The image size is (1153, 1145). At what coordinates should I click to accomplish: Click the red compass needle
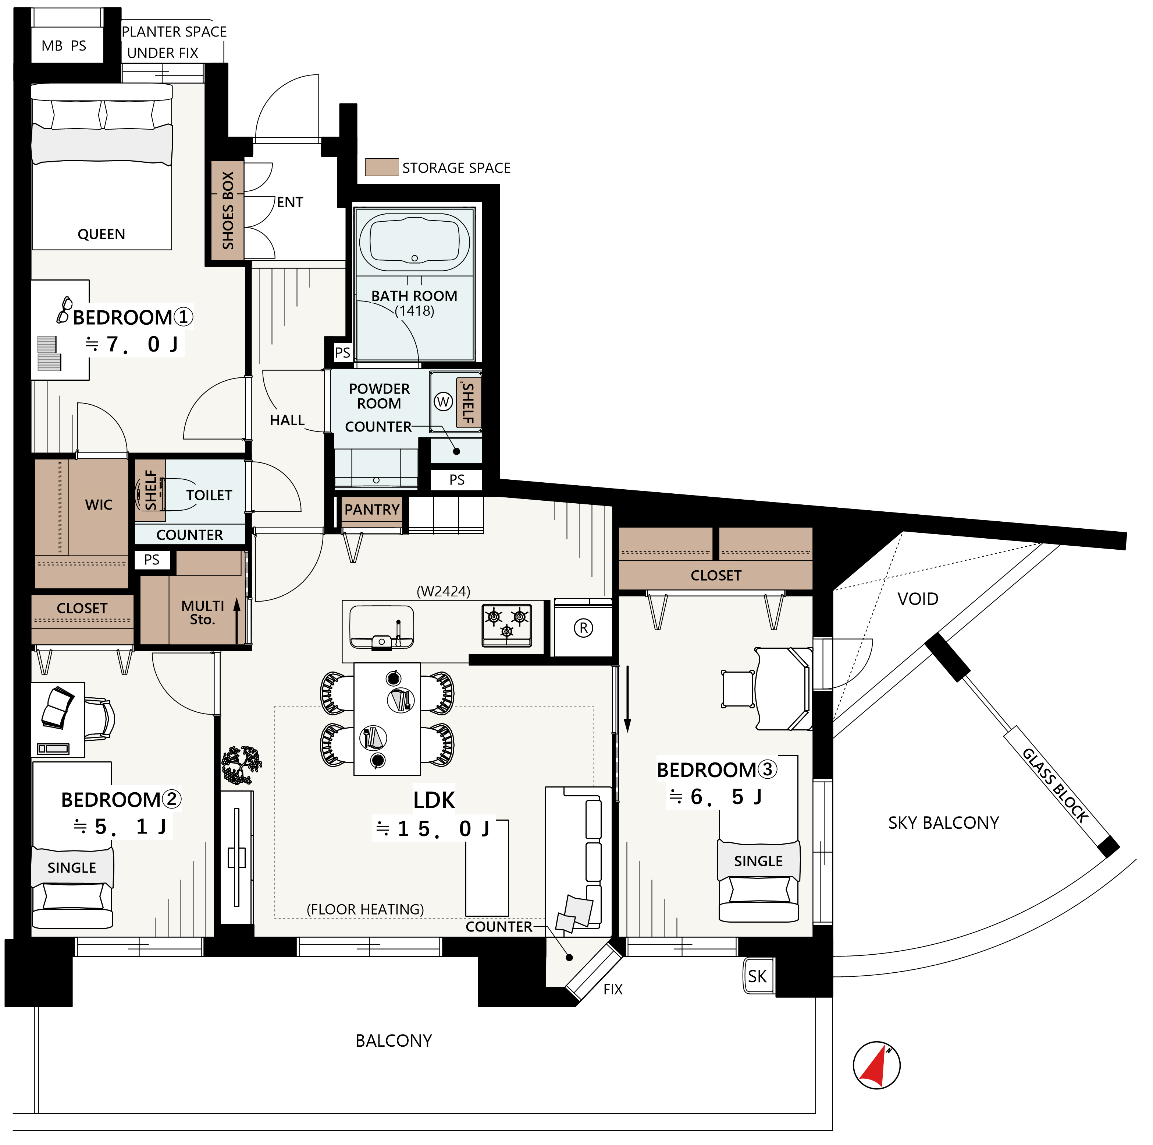click(875, 1065)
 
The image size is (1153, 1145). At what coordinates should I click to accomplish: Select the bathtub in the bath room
click(415, 243)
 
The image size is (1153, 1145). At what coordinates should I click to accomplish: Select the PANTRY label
click(372, 510)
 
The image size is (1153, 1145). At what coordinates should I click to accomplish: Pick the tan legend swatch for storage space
click(382, 167)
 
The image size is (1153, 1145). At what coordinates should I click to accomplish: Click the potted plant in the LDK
click(242, 765)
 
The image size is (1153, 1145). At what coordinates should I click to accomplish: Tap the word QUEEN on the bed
click(102, 234)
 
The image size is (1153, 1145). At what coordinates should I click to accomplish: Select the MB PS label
click(64, 46)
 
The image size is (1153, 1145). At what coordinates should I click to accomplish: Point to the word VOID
click(918, 599)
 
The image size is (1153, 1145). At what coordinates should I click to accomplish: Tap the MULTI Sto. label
click(203, 613)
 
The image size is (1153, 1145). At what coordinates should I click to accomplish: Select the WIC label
click(99, 505)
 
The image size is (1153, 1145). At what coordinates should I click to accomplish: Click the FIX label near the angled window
click(613, 990)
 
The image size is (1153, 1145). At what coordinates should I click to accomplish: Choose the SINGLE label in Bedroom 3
click(758, 861)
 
